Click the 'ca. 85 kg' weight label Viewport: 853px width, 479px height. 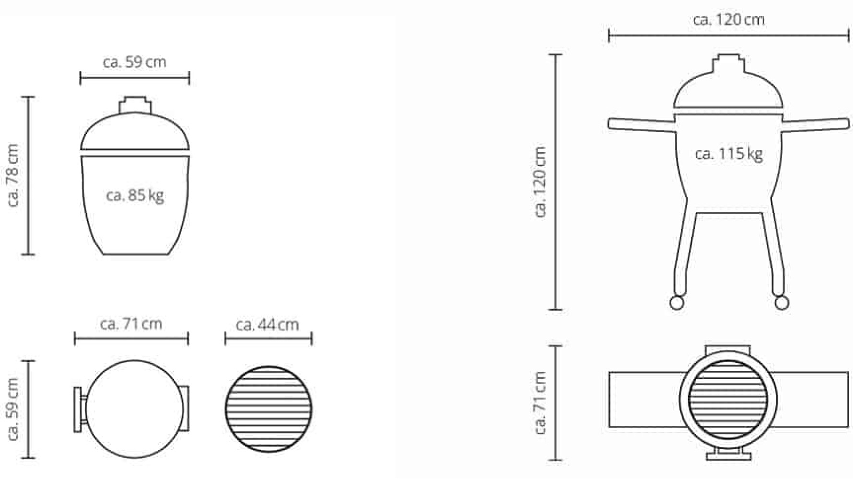point(135,195)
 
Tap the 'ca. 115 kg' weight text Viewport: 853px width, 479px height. point(728,154)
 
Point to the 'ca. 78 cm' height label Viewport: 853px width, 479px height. point(13,175)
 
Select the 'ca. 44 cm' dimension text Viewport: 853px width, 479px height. point(267,325)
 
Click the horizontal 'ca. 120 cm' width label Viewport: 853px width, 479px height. point(728,20)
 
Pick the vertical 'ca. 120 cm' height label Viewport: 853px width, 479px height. point(540,182)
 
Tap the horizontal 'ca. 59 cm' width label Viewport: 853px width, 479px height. point(134,62)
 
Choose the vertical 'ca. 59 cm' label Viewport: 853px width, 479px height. point(13,409)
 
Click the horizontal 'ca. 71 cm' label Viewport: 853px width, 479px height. point(131,324)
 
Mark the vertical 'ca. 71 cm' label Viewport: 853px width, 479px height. point(540,403)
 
